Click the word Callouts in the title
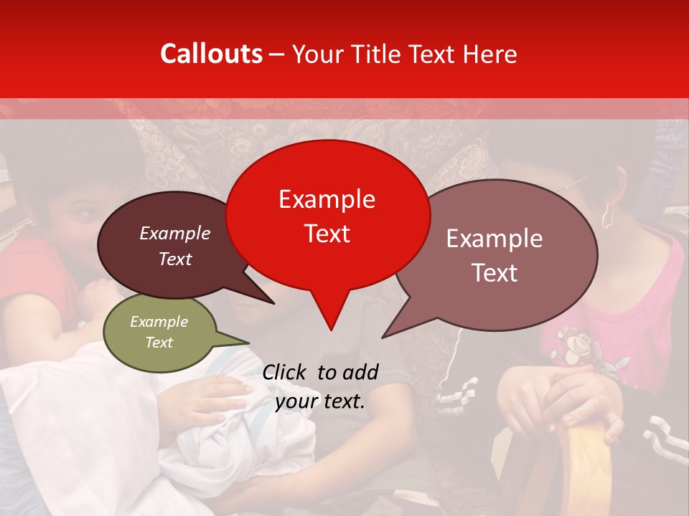[x=211, y=54]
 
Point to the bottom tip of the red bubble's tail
[x=331, y=330]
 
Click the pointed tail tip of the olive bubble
[x=248, y=342]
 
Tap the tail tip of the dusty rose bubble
[x=383, y=337]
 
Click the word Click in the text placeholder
[x=286, y=372]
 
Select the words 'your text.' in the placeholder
[x=320, y=401]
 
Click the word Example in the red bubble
[x=327, y=199]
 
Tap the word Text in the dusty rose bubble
[x=495, y=273]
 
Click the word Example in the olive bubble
[x=159, y=322]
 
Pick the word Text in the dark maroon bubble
[x=175, y=259]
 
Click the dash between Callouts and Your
[x=278, y=54]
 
